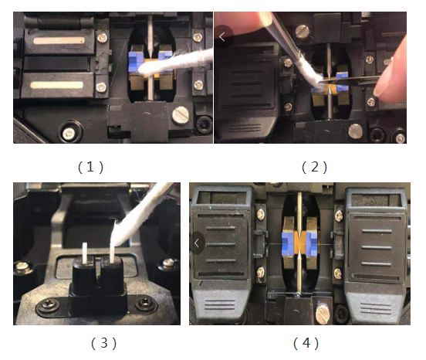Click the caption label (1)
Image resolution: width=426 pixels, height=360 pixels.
click(x=91, y=165)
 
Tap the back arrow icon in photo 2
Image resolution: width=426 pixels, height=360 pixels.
click(x=224, y=36)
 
